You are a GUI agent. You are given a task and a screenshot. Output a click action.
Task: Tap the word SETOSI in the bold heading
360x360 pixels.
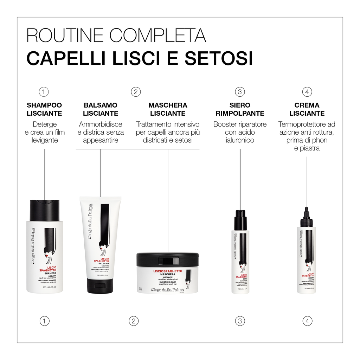219,58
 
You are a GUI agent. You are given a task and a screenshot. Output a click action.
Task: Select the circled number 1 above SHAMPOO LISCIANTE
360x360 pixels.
44,92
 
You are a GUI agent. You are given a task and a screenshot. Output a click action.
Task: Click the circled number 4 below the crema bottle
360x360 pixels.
307,321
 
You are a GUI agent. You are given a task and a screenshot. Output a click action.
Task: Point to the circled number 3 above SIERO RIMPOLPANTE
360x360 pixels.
240,92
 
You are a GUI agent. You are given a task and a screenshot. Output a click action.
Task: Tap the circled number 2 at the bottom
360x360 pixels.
134,321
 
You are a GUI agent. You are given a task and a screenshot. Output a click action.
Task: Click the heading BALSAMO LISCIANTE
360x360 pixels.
101,109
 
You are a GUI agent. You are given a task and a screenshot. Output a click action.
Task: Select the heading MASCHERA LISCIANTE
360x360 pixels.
168,109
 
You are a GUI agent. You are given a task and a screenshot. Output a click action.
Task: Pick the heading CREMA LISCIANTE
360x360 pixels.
307,109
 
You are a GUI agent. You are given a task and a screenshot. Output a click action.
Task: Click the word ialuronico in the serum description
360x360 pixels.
240,140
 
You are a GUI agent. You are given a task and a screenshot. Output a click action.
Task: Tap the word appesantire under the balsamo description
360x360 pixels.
101,140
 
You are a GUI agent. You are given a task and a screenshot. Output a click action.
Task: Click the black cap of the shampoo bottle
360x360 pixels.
45,210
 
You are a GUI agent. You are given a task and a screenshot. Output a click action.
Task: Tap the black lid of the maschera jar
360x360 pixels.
167,260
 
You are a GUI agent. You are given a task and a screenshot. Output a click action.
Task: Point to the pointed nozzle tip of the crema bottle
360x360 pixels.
307,210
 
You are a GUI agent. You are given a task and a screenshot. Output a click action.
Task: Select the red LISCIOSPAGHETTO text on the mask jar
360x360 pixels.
168,271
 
